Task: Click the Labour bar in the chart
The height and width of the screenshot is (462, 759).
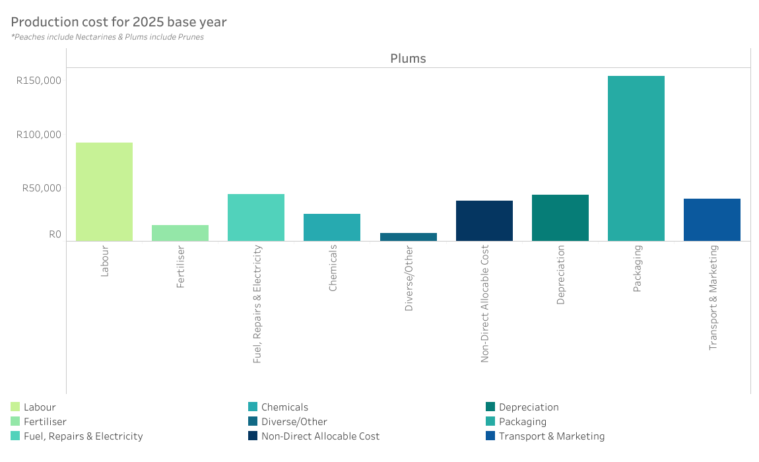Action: pos(104,191)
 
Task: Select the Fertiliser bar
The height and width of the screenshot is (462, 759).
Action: pos(180,233)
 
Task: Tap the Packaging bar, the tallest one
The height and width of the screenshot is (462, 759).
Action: pos(636,158)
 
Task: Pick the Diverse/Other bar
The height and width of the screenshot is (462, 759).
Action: pos(409,237)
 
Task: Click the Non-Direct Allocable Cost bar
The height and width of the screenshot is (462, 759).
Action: pos(484,220)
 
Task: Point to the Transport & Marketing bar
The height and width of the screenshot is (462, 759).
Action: pos(712,220)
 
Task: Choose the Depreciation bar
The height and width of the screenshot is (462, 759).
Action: pos(560,218)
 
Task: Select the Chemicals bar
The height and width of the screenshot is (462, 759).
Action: pos(332,227)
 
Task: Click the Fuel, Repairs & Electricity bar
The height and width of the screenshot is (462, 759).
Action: pos(256,217)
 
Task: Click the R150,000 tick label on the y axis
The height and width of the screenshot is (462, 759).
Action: pos(39,81)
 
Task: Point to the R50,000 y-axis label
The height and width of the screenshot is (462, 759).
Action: pos(42,187)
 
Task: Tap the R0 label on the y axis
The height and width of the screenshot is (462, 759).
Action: pos(55,234)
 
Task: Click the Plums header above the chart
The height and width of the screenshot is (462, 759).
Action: pos(408,58)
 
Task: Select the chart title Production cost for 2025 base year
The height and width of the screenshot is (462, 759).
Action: pos(119,22)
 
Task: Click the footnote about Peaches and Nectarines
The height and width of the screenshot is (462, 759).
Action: pos(108,37)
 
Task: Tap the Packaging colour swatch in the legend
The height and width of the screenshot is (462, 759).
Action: pos(490,422)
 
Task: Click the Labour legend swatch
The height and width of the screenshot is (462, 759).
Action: pos(15,407)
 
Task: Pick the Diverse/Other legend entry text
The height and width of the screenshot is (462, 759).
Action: pos(294,422)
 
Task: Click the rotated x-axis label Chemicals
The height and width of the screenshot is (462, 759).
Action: pos(333,268)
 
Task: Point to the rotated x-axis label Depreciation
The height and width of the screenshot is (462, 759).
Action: pos(560,275)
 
